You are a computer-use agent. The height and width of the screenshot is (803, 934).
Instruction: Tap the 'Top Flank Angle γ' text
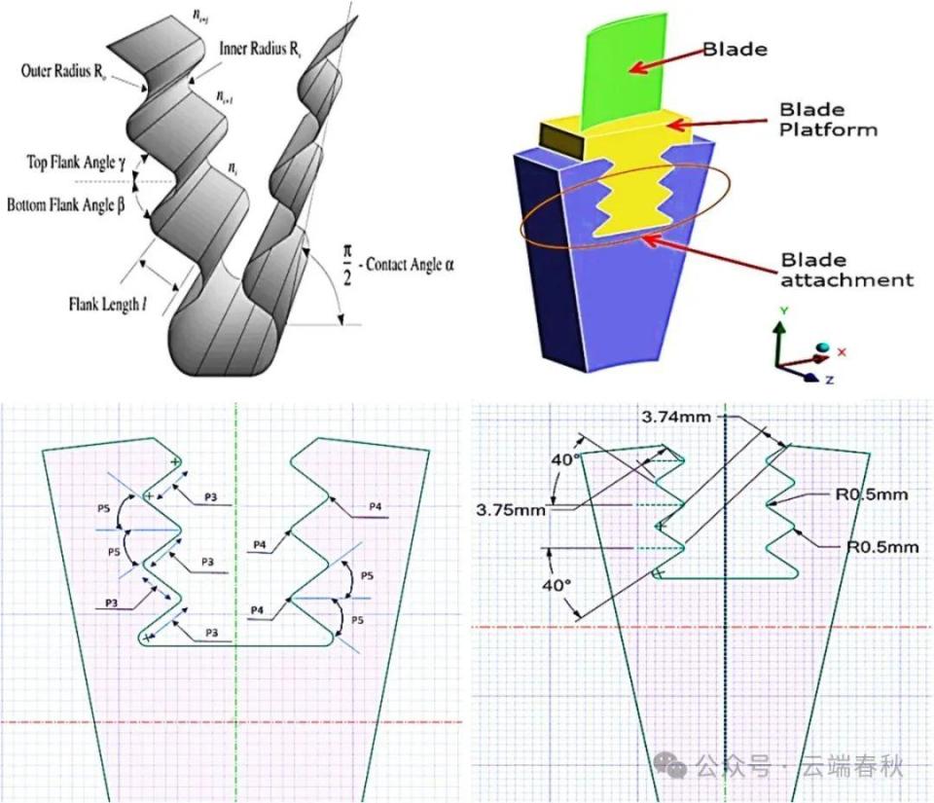(x=73, y=163)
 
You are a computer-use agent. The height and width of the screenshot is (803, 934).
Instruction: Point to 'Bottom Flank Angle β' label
(x=66, y=205)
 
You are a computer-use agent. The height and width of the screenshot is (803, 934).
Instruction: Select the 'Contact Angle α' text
(x=409, y=264)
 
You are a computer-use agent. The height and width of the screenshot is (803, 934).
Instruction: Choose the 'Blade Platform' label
(x=827, y=119)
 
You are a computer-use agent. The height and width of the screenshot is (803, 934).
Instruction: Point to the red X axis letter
(x=843, y=351)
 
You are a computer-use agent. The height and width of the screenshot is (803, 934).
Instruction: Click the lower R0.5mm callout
(x=882, y=547)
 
